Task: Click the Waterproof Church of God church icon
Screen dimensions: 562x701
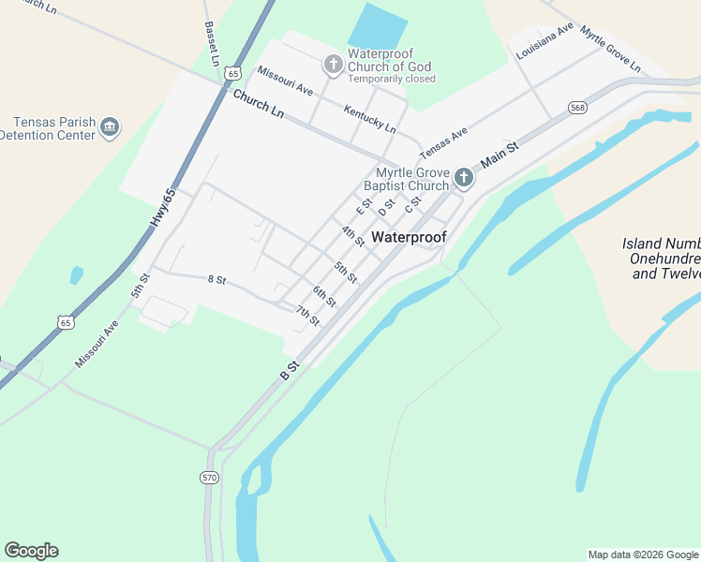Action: pyautogui.click(x=333, y=65)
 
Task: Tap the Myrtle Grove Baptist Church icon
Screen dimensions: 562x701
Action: pyautogui.click(x=463, y=177)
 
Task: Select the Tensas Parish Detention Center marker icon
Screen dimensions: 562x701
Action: pyautogui.click(x=110, y=126)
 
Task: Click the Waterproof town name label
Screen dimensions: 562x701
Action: pyautogui.click(x=409, y=237)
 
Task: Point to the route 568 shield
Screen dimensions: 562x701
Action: pyautogui.click(x=577, y=109)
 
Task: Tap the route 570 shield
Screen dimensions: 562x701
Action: pyautogui.click(x=209, y=478)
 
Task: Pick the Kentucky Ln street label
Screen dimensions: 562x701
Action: pyautogui.click(x=369, y=118)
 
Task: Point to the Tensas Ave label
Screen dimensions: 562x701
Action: pyautogui.click(x=443, y=143)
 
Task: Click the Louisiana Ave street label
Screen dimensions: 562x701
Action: pyautogui.click(x=544, y=42)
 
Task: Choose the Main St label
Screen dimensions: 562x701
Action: pyautogui.click(x=499, y=154)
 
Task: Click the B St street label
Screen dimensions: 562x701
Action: pyautogui.click(x=289, y=369)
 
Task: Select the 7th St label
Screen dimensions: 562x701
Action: pyautogui.click(x=307, y=316)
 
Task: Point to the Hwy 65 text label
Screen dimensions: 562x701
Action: pyautogui.click(x=162, y=207)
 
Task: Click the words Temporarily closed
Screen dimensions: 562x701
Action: pyautogui.click(x=391, y=80)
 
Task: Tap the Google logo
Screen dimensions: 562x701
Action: pyautogui.click(x=31, y=551)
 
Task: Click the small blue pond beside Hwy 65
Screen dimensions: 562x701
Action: pyautogui.click(x=76, y=275)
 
